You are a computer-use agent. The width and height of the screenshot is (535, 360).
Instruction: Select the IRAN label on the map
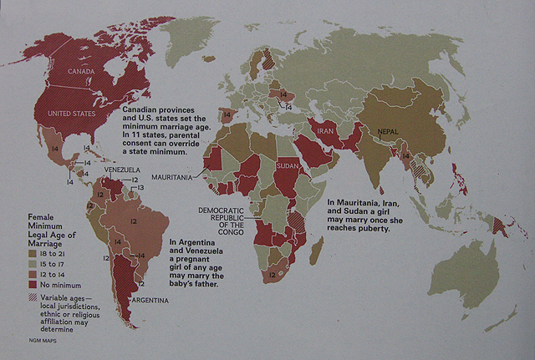[x=326, y=130]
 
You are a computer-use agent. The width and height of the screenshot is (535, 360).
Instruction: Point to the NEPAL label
[x=389, y=132]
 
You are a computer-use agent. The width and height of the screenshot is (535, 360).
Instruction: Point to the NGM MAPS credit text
[x=44, y=343]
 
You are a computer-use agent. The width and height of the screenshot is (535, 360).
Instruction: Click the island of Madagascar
[x=318, y=250]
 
